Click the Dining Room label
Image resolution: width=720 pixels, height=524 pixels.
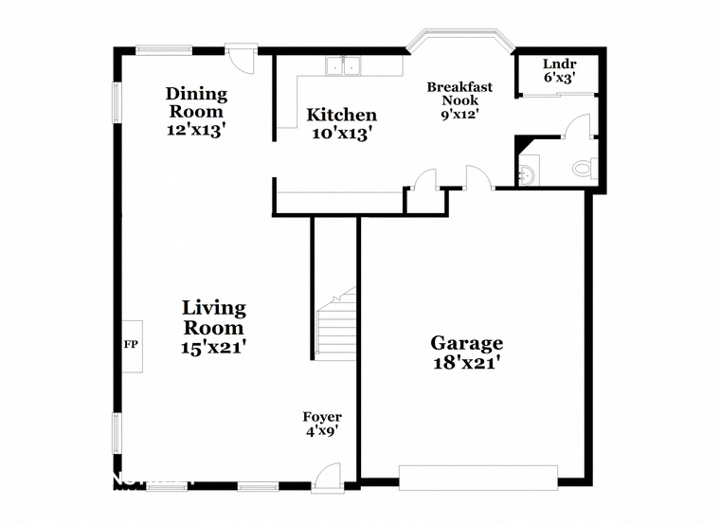(196, 102)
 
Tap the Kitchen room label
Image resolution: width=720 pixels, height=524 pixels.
(341, 116)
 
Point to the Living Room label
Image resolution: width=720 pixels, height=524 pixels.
(214, 317)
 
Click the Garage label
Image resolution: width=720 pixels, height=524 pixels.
(466, 342)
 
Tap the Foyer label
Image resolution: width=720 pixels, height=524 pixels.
(322, 417)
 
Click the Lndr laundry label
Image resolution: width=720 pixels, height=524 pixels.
(559, 64)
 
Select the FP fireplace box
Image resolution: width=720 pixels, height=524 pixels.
(131, 345)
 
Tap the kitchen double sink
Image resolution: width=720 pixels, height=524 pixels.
(346, 66)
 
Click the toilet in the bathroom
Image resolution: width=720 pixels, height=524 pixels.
(584, 170)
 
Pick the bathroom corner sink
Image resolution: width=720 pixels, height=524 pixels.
(527, 173)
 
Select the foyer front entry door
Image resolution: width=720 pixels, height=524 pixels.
(327, 479)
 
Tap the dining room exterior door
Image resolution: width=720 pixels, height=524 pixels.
(245, 57)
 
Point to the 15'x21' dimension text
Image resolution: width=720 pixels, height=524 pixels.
(214, 348)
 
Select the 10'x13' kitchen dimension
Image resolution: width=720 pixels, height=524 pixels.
(341, 135)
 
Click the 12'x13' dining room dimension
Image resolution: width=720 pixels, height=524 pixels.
(196, 131)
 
